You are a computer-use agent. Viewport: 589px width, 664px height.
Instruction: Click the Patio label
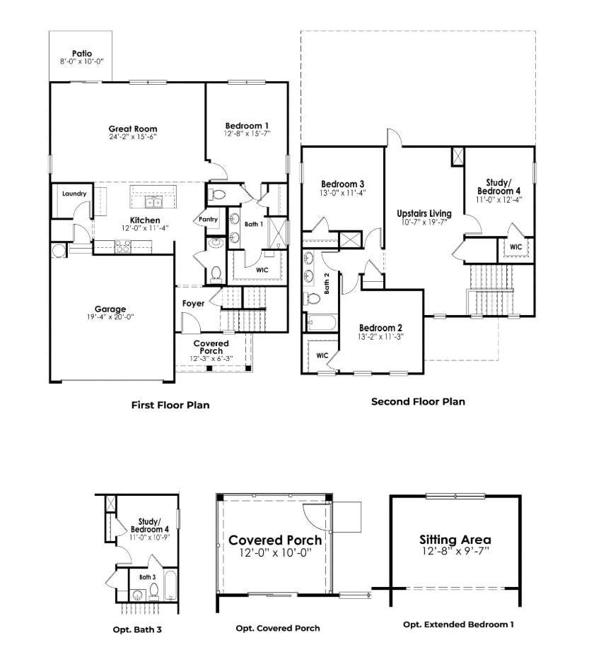tap(82, 54)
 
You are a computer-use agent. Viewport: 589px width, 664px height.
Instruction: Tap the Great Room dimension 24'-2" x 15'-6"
tap(133, 137)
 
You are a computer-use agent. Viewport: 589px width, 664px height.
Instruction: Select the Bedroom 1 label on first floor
tap(247, 126)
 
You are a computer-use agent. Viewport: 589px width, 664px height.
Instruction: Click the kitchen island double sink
tap(153, 203)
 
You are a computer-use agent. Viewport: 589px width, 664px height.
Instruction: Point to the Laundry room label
tap(74, 194)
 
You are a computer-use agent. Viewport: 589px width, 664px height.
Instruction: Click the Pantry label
tap(208, 219)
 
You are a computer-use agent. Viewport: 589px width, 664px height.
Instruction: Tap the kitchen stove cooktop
tap(123, 246)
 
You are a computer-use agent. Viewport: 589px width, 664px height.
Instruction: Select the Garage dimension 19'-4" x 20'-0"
tap(110, 316)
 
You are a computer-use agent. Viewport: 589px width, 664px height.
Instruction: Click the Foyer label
tap(193, 303)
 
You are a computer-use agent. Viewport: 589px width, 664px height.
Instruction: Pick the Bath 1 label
tap(254, 224)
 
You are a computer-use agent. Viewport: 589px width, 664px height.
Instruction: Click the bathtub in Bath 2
tap(322, 323)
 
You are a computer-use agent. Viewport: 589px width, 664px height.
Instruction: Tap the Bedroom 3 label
tap(342, 184)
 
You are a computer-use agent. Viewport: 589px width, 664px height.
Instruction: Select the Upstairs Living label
tap(424, 213)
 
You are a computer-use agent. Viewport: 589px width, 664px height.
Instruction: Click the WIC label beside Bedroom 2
tap(322, 355)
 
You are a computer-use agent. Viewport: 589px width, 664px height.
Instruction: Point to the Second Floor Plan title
tap(418, 401)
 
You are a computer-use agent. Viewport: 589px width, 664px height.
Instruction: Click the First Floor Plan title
tap(170, 405)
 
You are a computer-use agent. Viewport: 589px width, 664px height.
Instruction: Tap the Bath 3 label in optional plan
tap(148, 577)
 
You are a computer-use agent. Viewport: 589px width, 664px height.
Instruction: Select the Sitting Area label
tap(455, 540)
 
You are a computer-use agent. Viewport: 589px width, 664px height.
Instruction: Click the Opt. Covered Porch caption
tap(278, 629)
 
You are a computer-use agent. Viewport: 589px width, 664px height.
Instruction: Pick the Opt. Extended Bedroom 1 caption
tap(458, 624)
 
